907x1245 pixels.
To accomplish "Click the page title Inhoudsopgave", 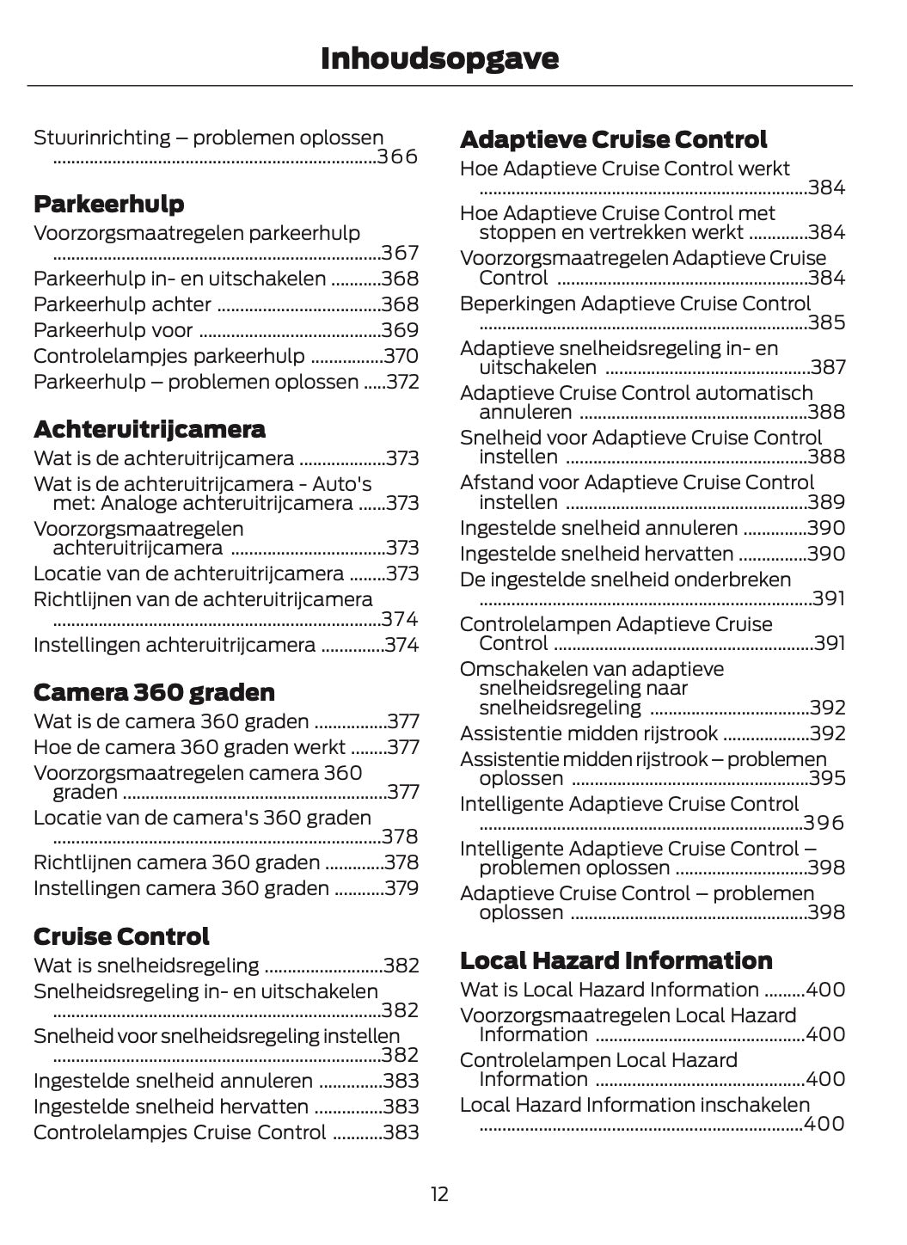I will [x=439, y=58].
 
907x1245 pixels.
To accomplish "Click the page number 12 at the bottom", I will [x=439, y=1194].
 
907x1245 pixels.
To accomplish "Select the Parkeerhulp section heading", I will [x=108, y=204].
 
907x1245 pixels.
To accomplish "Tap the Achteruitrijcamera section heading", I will [x=149, y=429].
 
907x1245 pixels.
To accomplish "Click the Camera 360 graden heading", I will [x=154, y=692].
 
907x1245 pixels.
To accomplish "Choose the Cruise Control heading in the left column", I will [x=121, y=936].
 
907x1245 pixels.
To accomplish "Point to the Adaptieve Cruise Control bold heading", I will [x=613, y=139].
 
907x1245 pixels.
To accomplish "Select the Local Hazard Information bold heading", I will [x=616, y=960].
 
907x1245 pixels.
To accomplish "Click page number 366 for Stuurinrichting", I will [x=398, y=157].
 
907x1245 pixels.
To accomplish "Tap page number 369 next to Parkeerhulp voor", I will [x=401, y=330].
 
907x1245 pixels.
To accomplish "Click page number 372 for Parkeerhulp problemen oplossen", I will [x=402, y=382].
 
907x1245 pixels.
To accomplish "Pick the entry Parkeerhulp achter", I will [x=122, y=304].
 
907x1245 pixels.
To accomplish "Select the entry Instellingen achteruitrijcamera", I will [x=175, y=645].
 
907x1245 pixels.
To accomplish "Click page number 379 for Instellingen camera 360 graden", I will [x=401, y=888].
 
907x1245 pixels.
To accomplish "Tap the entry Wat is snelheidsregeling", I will [x=146, y=966].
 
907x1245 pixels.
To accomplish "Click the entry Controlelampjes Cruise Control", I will [x=180, y=1132].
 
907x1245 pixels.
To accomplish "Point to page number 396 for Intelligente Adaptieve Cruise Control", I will [x=824, y=824].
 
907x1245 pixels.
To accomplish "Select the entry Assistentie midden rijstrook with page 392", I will [x=589, y=733].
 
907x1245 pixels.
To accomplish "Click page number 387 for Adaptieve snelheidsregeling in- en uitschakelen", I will [x=828, y=368].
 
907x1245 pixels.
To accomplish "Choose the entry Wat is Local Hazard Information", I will [x=610, y=990].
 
